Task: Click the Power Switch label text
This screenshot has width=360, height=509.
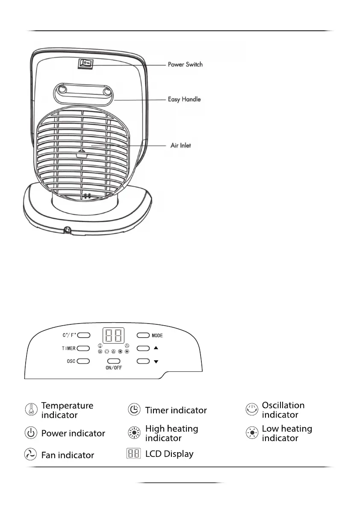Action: [185, 65]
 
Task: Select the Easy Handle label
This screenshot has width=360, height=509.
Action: [184, 99]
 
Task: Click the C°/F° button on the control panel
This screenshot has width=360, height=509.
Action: [84, 335]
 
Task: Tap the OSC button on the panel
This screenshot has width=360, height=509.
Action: [84, 361]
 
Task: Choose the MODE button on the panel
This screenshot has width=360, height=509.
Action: [143, 335]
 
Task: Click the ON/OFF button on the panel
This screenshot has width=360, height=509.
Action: [114, 361]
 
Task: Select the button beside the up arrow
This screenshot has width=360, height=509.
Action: [143, 348]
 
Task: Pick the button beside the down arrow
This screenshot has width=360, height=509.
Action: [143, 361]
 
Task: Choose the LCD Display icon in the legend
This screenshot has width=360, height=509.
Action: [133, 453]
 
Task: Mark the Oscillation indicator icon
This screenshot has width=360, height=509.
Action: [252, 409]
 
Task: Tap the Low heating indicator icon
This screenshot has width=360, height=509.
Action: [252, 433]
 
